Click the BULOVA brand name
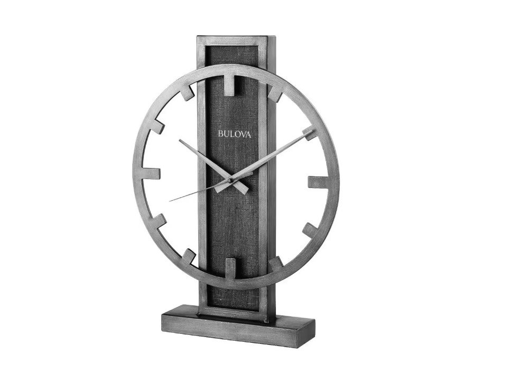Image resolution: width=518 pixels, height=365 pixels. click(236, 134)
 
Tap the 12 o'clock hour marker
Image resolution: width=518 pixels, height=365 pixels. click(232, 86)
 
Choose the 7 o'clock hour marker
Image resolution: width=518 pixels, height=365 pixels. click(189, 257)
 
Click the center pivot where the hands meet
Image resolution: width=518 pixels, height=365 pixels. click(230, 181)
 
